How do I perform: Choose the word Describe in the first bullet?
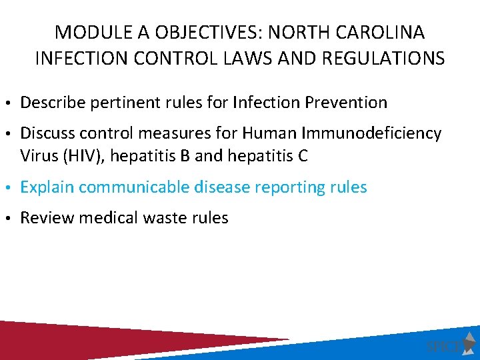click(49, 103)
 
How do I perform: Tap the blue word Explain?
click(47, 187)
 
